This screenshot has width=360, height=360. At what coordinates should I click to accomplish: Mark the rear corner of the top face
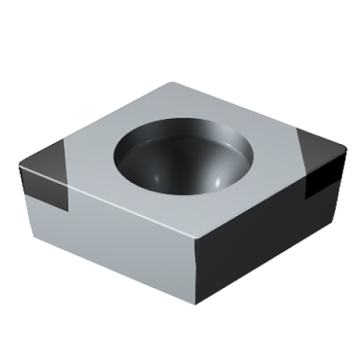pos(173,83)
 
